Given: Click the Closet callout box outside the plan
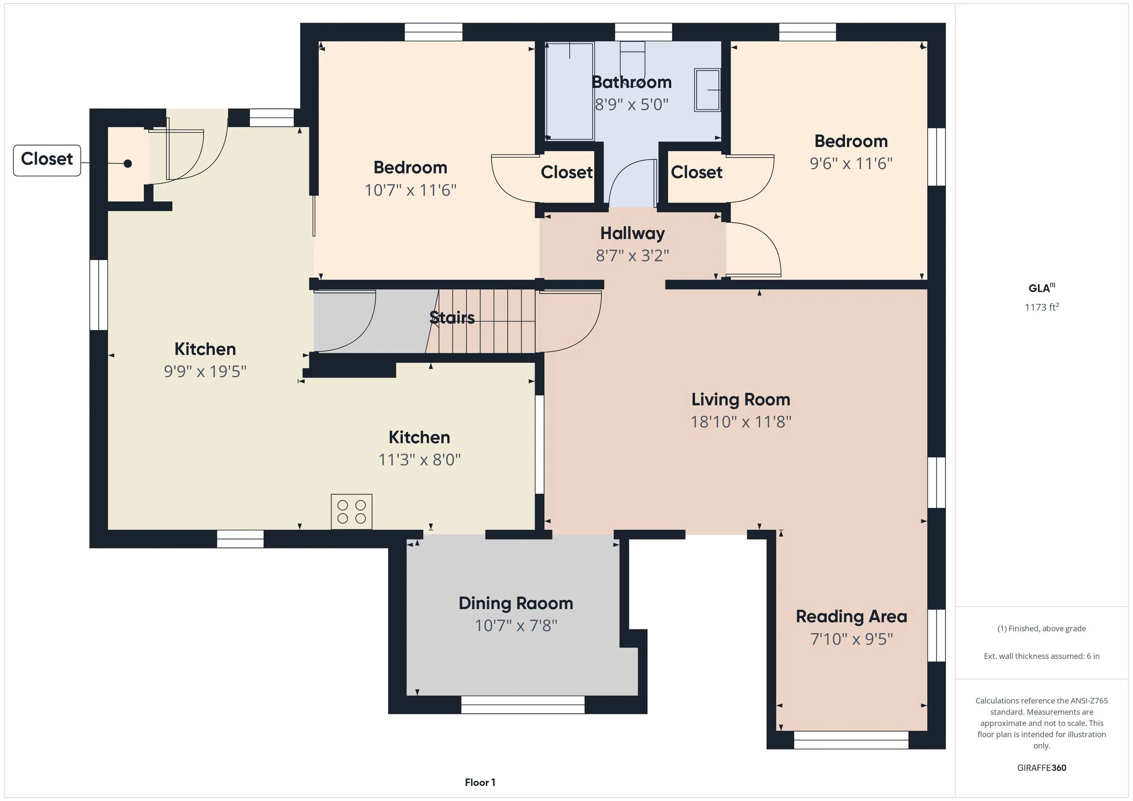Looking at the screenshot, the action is click(x=47, y=160).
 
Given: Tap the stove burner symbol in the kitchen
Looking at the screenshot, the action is click(x=351, y=512).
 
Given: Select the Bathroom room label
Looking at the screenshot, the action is click(x=632, y=82).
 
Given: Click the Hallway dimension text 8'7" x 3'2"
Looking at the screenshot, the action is click(x=632, y=255).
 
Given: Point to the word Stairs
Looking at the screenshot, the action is click(x=452, y=318).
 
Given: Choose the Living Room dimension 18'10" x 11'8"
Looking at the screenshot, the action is click(x=741, y=422).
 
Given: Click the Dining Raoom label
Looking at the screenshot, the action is click(x=516, y=603).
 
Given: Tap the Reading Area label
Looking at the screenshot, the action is click(x=851, y=617).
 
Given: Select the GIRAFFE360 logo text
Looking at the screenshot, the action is click(x=1042, y=767).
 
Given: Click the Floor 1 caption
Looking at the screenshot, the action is click(x=480, y=782).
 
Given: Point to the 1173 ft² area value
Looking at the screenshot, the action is click(x=1042, y=307).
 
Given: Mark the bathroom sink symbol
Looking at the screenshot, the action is click(x=707, y=90).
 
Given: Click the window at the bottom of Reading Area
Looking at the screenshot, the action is click(x=851, y=740).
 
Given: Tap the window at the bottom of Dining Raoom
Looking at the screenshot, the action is click(x=523, y=705).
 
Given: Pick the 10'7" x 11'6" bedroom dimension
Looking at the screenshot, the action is click(x=410, y=190).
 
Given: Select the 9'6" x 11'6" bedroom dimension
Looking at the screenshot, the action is click(x=851, y=163).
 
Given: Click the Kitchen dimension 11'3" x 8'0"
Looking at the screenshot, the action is click(x=419, y=460).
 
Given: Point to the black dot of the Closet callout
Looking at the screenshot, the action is click(x=128, y=164).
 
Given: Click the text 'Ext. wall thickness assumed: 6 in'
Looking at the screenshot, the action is click(x=1042, y=656).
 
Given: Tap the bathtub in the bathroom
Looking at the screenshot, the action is click(x=569, y=92).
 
